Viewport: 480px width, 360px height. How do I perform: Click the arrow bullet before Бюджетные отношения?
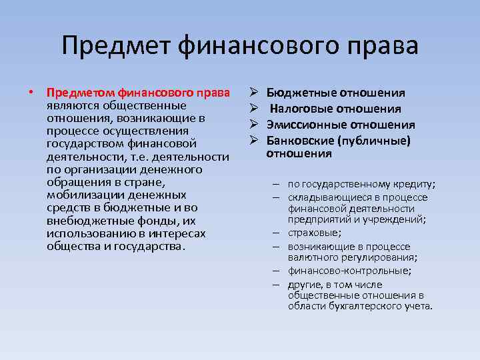(x=254, y=93)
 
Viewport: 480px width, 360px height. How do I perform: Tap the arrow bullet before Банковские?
(x=254, y=140)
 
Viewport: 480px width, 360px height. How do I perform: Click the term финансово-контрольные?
(x=348, y=271)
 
